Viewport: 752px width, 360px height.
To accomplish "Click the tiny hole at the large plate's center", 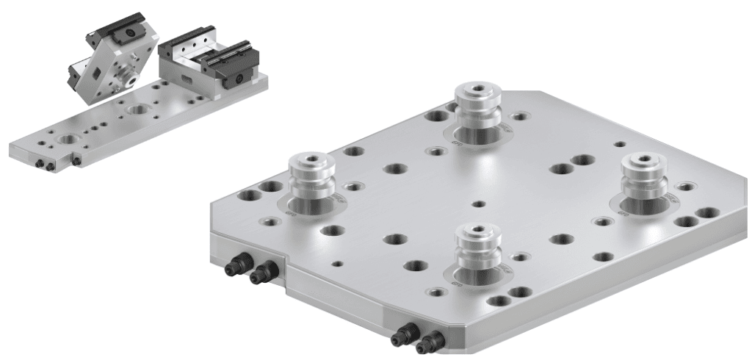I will pyautogui.click(x=479, y=204).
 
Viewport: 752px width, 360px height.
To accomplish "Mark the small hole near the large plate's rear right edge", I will pyautogui.click(x=621, y=144).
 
